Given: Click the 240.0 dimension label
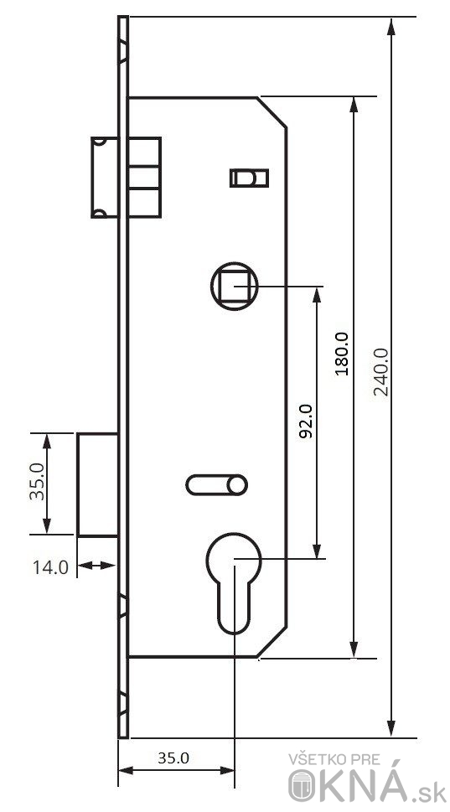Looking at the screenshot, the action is (x=381, y=371).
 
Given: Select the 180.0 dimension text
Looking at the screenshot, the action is (x=342, y=354).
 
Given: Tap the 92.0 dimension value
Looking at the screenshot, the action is (x=306, y=421).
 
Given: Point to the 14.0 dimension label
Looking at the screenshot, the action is (x=50, y=567).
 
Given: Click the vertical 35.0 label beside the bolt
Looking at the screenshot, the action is (x=37, y=482).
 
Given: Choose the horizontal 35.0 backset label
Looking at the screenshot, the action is (x=173, y=758).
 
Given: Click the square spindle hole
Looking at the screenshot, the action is (x=235, y=286).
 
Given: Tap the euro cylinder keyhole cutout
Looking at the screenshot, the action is (x=234, y=583).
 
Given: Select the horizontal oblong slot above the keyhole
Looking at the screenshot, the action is (x=216, y=484).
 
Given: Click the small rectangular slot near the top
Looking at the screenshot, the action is (x=249, y=178).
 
